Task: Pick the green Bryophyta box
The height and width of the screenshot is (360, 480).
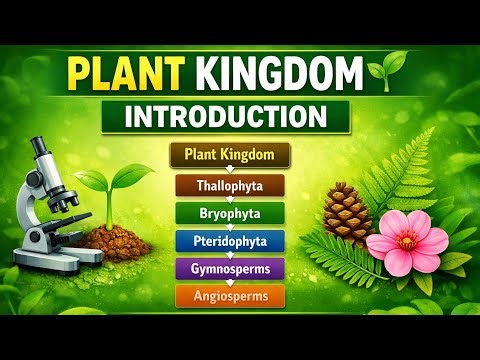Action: click(x=230, y=213)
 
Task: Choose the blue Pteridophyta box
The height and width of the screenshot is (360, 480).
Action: click(x=230, y=241)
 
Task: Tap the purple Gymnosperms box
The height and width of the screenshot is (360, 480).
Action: click(x=230, y=268)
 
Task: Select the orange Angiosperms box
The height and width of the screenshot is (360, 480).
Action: click(x=230, y=296)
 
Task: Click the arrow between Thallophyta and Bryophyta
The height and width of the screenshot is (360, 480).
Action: click(x=230, y=199)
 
